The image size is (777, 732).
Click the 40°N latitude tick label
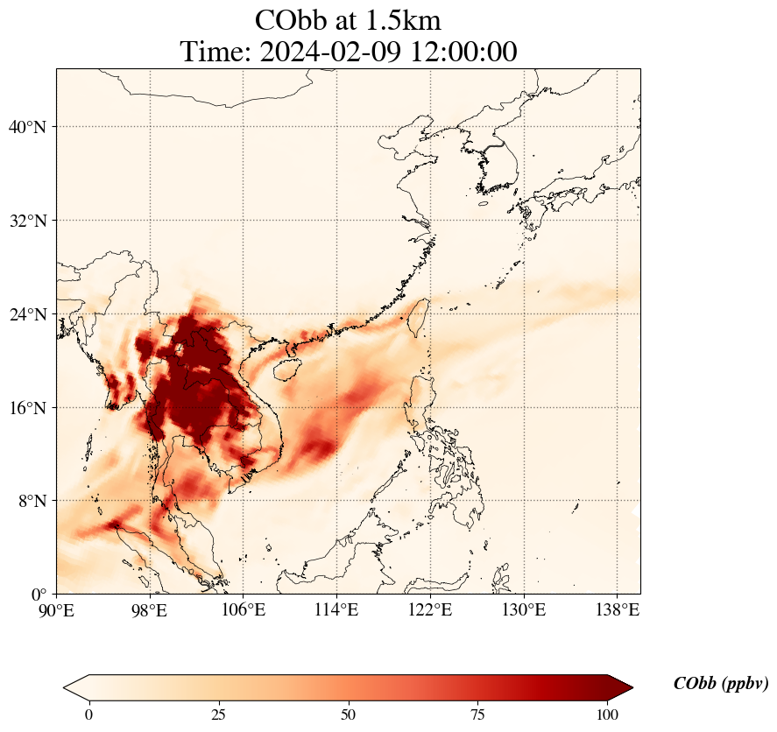[x=27, y=127]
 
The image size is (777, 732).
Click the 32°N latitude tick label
[x=27, y=221]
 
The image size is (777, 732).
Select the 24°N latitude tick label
[x=27, y=314]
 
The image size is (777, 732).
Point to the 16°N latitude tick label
[x=27, y=408]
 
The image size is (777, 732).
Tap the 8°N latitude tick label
[x=32, y=501]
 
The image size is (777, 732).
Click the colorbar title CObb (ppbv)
[x=720, y=684]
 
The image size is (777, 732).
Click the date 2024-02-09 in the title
[x=333, y=51]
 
